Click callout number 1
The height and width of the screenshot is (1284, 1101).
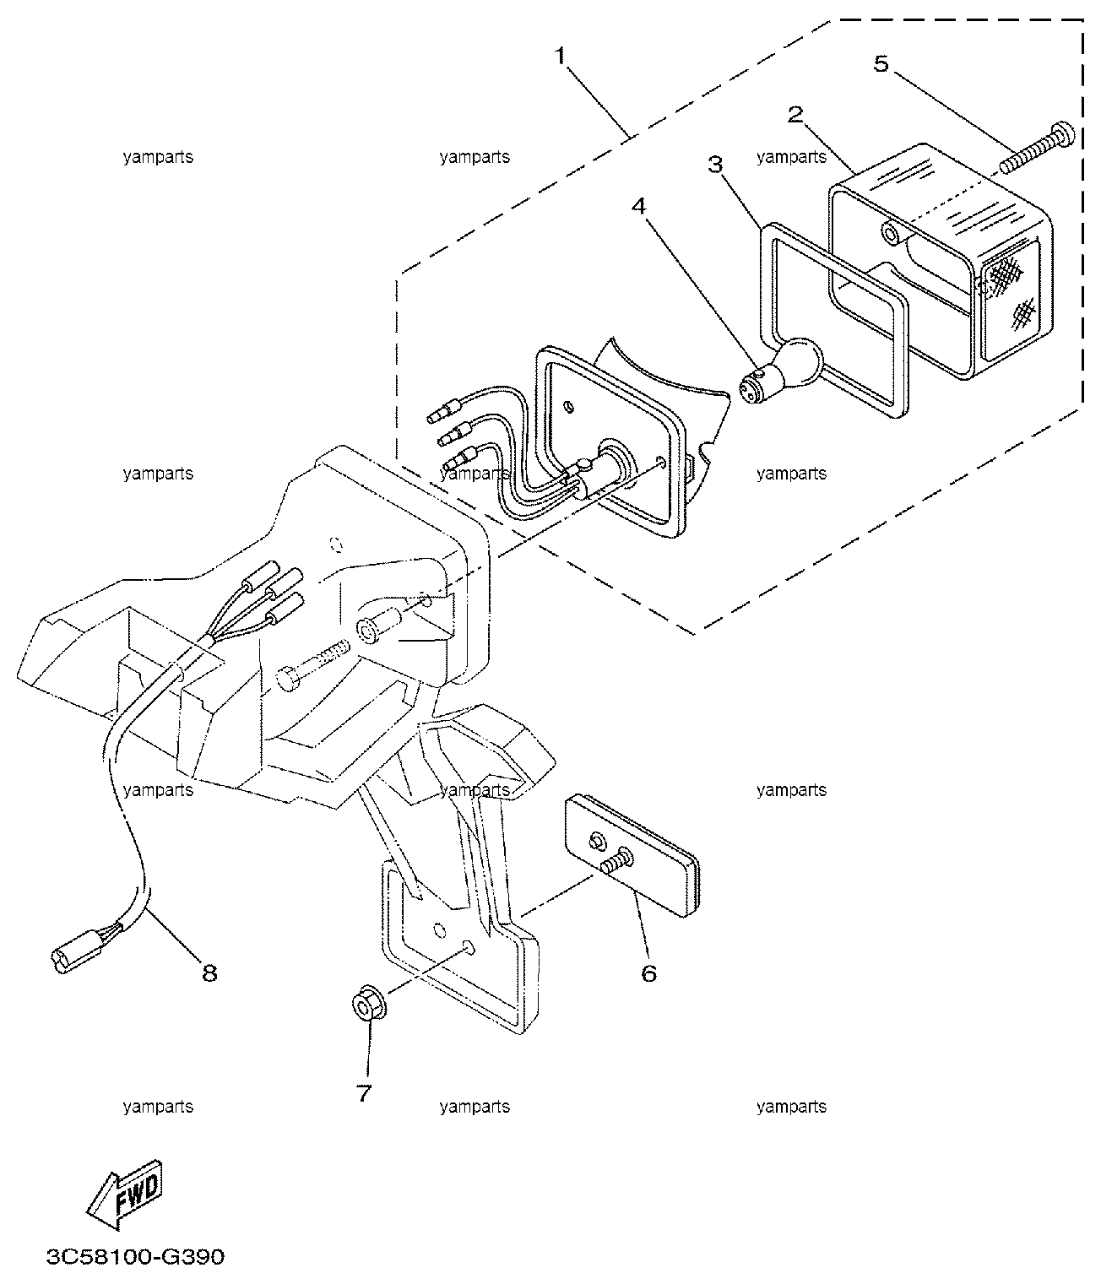pos(561,56)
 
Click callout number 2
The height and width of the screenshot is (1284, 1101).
pos(795,114)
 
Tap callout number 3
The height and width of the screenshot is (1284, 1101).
pos(716,164)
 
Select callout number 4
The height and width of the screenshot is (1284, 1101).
pos(638,206)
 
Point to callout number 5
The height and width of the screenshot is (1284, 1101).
pos(881,63)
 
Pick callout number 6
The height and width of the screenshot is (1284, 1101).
pos(648,973)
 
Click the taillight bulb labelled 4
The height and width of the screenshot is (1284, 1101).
pos(780,371)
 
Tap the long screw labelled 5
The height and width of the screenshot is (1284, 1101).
pos(1036,149)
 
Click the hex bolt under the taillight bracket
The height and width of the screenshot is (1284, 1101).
pos(312,665)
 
